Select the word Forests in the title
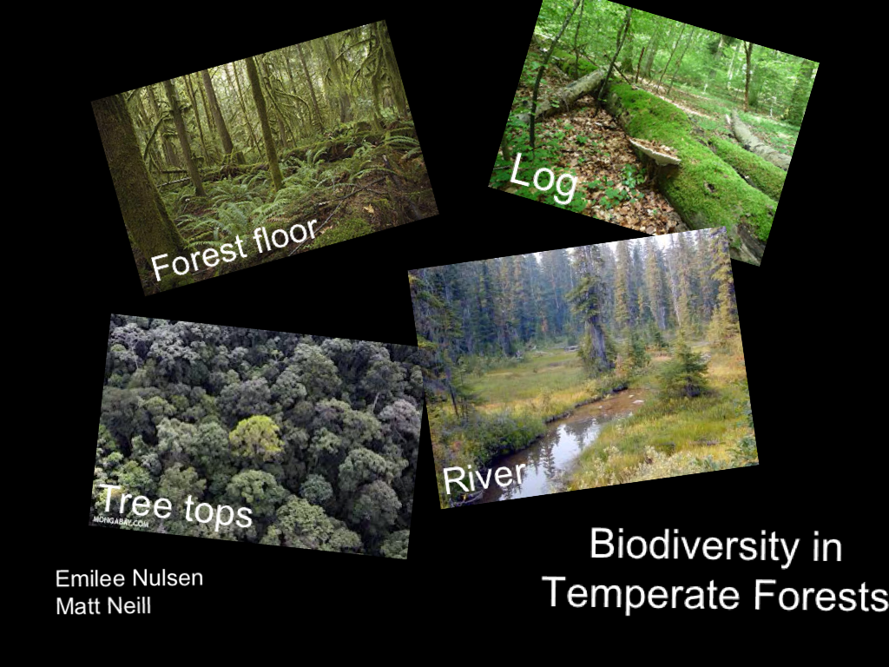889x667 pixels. (x=820, y=596)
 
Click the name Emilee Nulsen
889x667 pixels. (x=128, y=578)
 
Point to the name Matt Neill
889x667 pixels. (x=102, y=605)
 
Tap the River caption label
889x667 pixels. (x=484, y=477)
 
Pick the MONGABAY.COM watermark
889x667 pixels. (x=121, y=522)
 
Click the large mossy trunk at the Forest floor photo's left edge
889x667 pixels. (x=130, y=182)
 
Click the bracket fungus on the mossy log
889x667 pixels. (x=655, y=153)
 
